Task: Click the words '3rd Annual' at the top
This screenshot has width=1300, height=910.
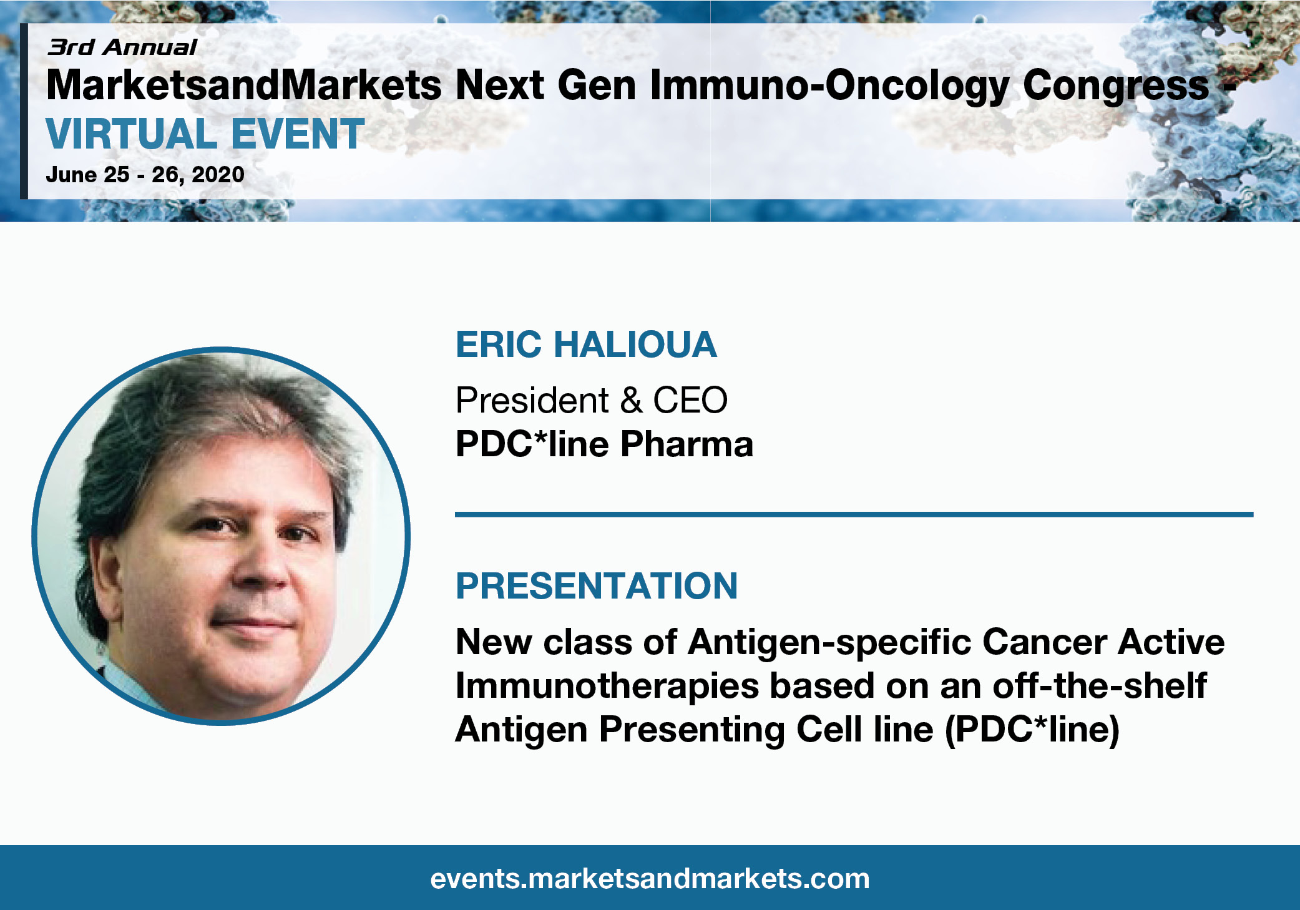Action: [x=122, y=47]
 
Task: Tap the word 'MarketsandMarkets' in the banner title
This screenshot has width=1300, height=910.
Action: [x=244, y=85]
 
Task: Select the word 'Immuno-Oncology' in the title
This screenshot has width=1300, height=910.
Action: [x=829, y=86]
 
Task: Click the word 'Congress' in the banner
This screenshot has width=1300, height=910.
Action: [x=1116, y=86]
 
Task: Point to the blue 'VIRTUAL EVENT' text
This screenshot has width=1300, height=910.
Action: [x=205, y=134]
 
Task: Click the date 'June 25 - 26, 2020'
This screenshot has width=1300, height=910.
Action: [x=145, y=175]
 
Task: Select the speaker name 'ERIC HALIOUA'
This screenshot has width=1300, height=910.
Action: [x=587, y=345]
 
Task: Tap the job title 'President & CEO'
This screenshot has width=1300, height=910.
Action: [x=592, y=400]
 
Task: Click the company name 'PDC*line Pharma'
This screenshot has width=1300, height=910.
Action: [x=605, y=444]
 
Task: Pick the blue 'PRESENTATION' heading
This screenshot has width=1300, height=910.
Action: [x=597, y=585]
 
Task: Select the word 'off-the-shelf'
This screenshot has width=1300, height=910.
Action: [x=1100, y=685]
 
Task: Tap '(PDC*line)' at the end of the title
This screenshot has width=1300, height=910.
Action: [x=1032, y=730]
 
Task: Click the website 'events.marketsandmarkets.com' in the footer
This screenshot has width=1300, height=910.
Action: [x=650, y=879]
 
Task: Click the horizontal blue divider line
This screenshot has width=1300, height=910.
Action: [x=854, y=514]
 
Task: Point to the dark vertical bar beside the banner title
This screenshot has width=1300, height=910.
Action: [x=24, y=111]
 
